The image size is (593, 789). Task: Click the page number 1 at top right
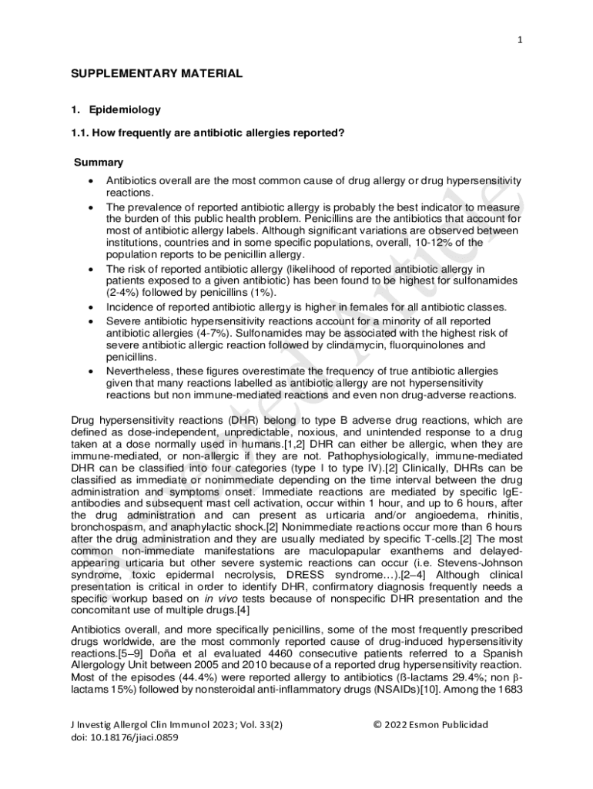pos(521,40)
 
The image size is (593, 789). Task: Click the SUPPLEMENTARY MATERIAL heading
pos(156,74)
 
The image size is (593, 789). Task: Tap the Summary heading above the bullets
pos(98,163)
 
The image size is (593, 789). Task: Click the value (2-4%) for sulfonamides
pos(124,293)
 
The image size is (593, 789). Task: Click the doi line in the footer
pos(125,737)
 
